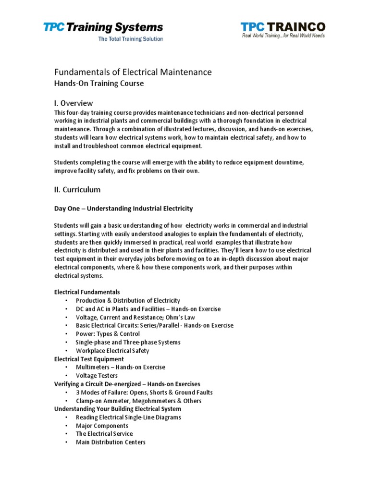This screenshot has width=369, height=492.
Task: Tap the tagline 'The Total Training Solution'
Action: pos(130,39)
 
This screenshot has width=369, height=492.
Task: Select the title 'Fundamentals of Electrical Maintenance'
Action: pos(132,72)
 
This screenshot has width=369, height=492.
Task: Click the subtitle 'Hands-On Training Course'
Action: pos(98,83)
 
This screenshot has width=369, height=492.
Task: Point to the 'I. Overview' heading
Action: pos(73,103)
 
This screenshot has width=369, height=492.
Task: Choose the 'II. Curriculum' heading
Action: pos(77,189)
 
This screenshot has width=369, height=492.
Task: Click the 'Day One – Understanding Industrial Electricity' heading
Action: pos(123,208)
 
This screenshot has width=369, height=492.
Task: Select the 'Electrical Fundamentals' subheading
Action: pos(87,292)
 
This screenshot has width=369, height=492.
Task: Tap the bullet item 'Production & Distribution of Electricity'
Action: pos(128,300)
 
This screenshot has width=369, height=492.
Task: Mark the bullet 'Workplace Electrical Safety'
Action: pos(112,351)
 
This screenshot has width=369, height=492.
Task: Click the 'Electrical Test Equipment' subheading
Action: pos(89,359)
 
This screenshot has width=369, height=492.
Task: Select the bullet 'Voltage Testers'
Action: pos(97,376)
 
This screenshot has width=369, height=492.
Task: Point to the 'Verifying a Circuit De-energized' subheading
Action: pos(127,384)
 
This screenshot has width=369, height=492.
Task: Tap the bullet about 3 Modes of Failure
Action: pos(144,393)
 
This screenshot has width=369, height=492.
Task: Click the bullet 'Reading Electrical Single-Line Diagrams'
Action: pos(128,418)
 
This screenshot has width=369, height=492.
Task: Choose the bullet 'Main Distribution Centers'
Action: pos(111,442)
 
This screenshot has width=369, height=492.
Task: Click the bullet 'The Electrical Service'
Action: pos(104,434)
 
